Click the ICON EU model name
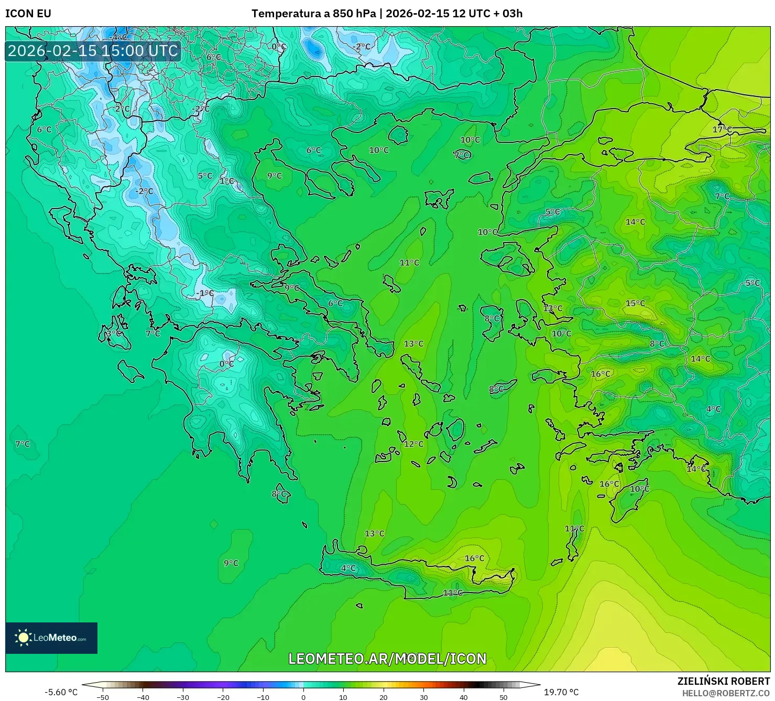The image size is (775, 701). pos(28,14)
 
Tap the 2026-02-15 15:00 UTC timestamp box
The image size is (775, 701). pos(93,51)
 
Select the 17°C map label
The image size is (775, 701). pos(722,129)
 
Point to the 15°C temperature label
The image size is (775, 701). pos(635,303)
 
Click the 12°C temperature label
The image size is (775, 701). pos(413,444)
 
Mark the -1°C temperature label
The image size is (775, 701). pos(204,293)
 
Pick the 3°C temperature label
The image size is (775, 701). pos(113,333)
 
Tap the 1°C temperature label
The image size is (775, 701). pos(227,181)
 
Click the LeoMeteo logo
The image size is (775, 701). pos(51,638)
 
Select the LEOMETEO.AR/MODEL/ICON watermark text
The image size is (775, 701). pos(387,659)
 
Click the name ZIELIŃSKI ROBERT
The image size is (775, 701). pos(724,682)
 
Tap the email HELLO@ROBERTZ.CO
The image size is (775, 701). pos(726,693)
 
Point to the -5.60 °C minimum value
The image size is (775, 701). pos(61,692)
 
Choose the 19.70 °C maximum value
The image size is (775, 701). pos(561,692)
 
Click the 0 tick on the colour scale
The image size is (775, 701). pos(303,697)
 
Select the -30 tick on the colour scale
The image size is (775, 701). pos(182,697)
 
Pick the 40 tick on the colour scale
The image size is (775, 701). pos(464,697)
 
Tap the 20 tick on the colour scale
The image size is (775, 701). pos(384,697)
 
